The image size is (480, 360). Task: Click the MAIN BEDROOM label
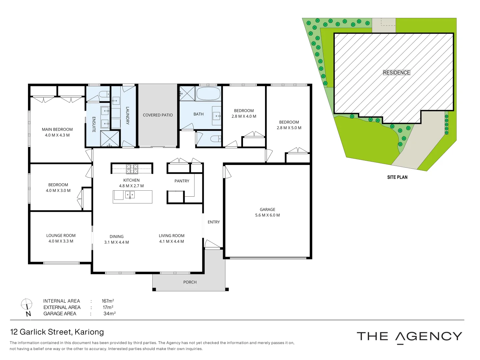tap(57, 129)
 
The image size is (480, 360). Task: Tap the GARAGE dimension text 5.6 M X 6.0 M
tap(267, 215)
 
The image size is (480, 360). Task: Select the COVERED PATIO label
tap(158, 115)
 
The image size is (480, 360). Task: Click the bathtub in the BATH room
tap(208, 94)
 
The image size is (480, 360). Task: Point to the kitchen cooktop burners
tap(132, 169)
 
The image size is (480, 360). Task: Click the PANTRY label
tap(182, 181)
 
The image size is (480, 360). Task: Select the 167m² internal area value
tap(108, 301)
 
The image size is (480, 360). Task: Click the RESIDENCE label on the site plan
tap(396, 73)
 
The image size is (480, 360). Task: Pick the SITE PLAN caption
tap(397, 177)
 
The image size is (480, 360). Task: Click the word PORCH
tap(190, 282)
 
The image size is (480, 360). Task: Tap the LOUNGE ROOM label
tap(61, 235)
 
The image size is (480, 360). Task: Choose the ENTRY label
tap(214, 222)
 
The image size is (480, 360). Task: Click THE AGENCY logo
tap(409, 337)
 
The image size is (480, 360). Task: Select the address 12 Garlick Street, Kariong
tap(57, 332)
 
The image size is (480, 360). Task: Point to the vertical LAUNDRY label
tap(127, 115)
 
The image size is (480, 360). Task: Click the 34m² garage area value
tap(109, 314)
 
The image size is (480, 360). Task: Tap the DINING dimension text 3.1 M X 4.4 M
tap(116, 242)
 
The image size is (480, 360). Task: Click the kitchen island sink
tap(130, 195)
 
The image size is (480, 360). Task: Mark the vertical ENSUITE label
tap(94, 124)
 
